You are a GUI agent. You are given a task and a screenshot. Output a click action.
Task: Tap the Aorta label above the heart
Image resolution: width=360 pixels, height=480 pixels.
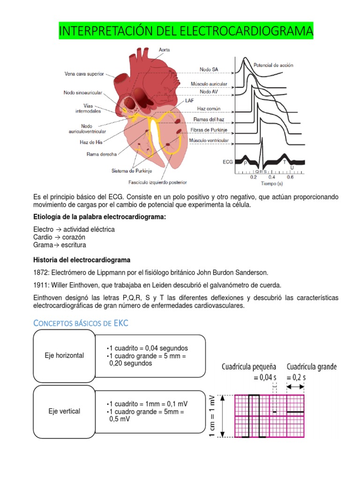point(164,49)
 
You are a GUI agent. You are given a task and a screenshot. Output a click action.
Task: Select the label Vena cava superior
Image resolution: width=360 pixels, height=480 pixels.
point(84,74)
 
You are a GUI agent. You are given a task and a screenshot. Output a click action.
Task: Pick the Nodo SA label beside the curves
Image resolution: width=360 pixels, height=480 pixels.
point(209,69)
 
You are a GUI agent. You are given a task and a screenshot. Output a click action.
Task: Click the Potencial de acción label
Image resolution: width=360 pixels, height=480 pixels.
point(273,65)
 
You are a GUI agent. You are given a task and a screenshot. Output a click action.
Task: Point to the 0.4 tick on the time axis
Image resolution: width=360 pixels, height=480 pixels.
point(272,178)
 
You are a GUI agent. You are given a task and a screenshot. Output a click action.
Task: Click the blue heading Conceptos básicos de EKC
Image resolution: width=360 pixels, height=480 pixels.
point(80,323)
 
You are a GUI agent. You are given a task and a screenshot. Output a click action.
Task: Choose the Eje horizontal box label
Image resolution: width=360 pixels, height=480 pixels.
point(64,355)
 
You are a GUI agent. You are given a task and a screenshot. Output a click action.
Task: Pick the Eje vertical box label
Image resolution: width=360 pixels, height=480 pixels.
point(64,411)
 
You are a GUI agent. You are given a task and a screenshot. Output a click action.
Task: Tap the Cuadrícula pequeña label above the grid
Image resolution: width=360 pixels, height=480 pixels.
point(249,367)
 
